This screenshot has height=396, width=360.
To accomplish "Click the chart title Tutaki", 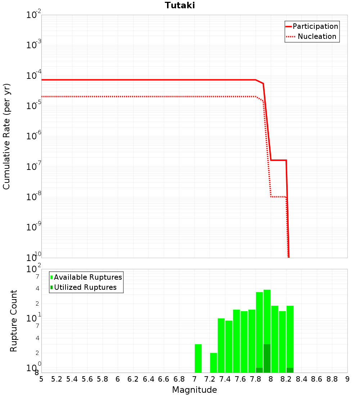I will [x=180, y=5].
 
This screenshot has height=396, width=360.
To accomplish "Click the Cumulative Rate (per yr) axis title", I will [x=6, y=136].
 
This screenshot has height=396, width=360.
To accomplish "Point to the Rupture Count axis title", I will [x=14, y=321].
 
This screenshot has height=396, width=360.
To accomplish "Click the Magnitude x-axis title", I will [x=194, y=390].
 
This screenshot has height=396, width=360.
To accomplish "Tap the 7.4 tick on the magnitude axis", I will [x=225, y=379].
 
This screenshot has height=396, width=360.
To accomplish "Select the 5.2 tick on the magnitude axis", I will [x=57, y=379].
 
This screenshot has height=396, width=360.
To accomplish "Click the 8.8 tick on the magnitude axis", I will [x=332, y=379].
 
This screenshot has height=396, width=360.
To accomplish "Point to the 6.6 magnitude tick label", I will [x=164, y=379].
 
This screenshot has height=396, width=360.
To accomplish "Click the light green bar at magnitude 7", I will [x=198, y=358].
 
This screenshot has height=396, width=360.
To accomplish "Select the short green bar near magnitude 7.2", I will [x=213, y=363].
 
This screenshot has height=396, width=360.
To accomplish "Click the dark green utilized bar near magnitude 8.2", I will [x=290, y=370].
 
